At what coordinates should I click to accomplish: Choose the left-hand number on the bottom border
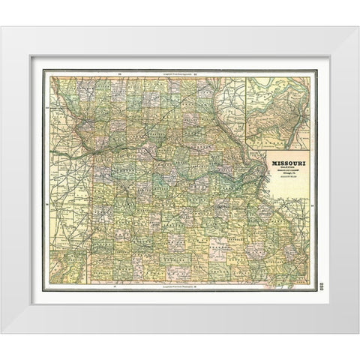(x=114, y=287)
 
